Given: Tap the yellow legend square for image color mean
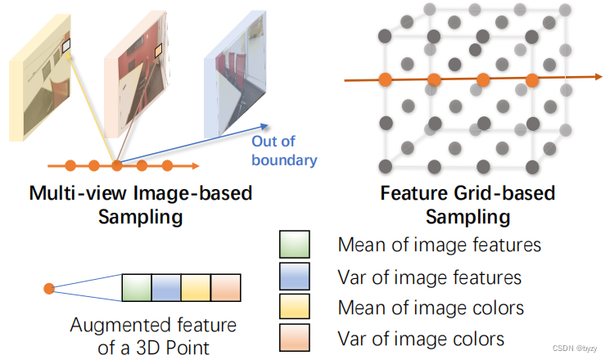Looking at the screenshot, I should [295, 308].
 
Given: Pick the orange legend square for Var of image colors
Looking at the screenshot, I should [295, 338].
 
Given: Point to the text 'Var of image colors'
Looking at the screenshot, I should [421, 338].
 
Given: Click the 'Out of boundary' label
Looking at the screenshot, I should [283, 151].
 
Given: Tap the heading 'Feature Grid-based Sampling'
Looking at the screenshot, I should [468, 205].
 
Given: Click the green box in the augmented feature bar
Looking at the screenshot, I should [136, 287].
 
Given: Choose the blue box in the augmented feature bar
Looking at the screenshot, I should [166, 287].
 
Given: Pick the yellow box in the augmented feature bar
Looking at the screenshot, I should [197, 287].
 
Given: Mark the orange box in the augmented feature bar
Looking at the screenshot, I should [227, 287].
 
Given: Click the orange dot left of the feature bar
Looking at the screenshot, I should [49, 288].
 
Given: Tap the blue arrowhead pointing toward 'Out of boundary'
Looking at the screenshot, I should [263, 124].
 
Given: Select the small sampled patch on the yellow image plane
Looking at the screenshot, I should [67, 47].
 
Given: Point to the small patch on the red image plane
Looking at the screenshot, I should [160, 52].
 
